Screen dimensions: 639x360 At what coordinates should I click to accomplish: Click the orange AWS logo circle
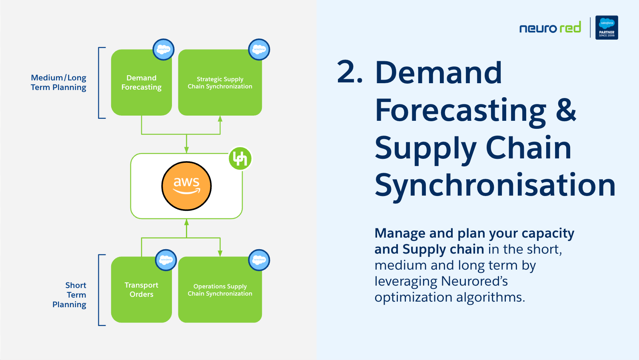186,186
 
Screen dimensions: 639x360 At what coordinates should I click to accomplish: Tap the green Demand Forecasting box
142,82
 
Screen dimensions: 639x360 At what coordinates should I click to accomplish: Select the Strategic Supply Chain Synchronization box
220,82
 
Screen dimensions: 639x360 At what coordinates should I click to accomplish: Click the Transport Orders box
142,290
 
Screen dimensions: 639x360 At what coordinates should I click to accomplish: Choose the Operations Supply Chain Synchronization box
220,290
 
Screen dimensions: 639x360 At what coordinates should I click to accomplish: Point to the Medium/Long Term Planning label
58,82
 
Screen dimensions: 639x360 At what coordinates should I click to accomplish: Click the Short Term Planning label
69,295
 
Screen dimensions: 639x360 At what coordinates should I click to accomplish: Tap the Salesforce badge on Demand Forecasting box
164,49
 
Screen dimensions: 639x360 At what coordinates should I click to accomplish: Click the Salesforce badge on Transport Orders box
166,260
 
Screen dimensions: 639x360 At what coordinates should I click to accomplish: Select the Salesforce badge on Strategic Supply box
259,49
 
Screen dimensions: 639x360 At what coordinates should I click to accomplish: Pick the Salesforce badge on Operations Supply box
259,260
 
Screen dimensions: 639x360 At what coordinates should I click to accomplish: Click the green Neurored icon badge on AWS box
240,158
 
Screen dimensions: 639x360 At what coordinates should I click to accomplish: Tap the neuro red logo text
550,28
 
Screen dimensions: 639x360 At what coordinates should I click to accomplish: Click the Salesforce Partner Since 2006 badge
607,27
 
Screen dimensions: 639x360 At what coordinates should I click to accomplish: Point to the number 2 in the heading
346,72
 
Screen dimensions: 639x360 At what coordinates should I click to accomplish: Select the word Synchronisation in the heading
495,185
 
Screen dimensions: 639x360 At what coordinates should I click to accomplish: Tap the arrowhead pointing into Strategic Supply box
220,119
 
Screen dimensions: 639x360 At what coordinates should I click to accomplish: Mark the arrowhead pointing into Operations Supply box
220,253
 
